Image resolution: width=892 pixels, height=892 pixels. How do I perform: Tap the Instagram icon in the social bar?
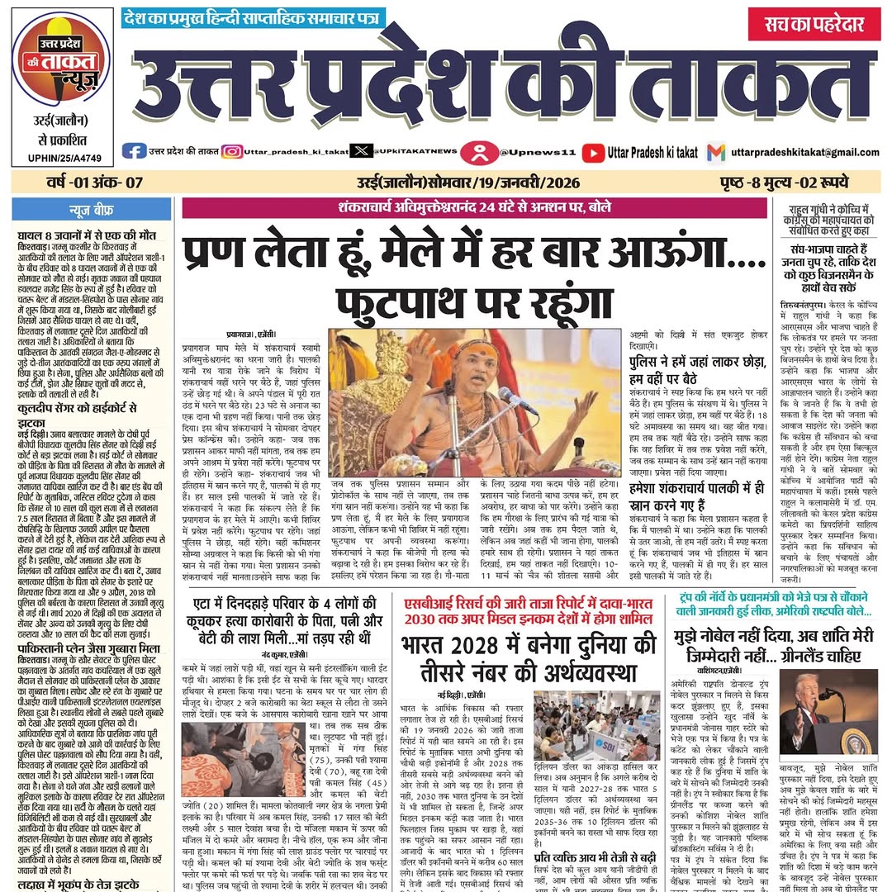pyautogui.click(x=232, y=151)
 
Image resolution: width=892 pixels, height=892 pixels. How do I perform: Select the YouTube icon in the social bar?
pyautogui.click(x=593, y=152)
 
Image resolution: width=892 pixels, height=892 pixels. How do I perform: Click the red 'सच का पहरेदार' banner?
pyautogui.click(x=814, y=24)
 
